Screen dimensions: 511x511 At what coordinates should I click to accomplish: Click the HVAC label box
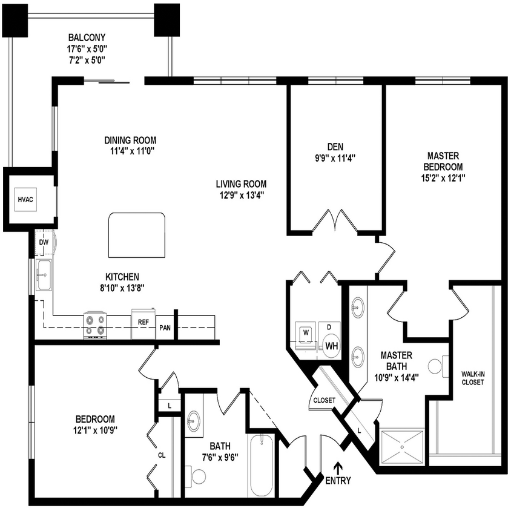pyautogui.click(x=25, y=199)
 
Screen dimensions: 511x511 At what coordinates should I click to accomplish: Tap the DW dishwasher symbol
pyautogui.click(x=44, y=242)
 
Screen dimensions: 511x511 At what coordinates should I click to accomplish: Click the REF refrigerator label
pyautogui.click(x=143, y=322)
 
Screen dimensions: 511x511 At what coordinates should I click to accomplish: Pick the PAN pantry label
pyautogui.click(x=165, y=328)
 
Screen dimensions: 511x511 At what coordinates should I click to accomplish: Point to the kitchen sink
pyautogui.click(x=44, y=275)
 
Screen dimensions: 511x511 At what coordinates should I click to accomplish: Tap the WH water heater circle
pyautogui.click(x=331, y=346)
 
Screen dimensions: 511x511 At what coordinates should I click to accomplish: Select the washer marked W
pyautogui.click(x=305, y=332)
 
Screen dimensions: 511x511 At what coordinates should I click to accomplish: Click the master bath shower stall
pyautogui.click(x=402, y=446)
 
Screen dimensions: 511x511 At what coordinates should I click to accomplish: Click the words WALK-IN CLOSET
pyautogui.click(x=472, y=378)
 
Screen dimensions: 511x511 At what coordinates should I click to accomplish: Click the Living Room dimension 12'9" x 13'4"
pyautogui.click(x=240, y=195)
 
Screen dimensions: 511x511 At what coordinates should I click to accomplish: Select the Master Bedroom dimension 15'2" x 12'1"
pyautogui.click(x=443, y=178)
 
